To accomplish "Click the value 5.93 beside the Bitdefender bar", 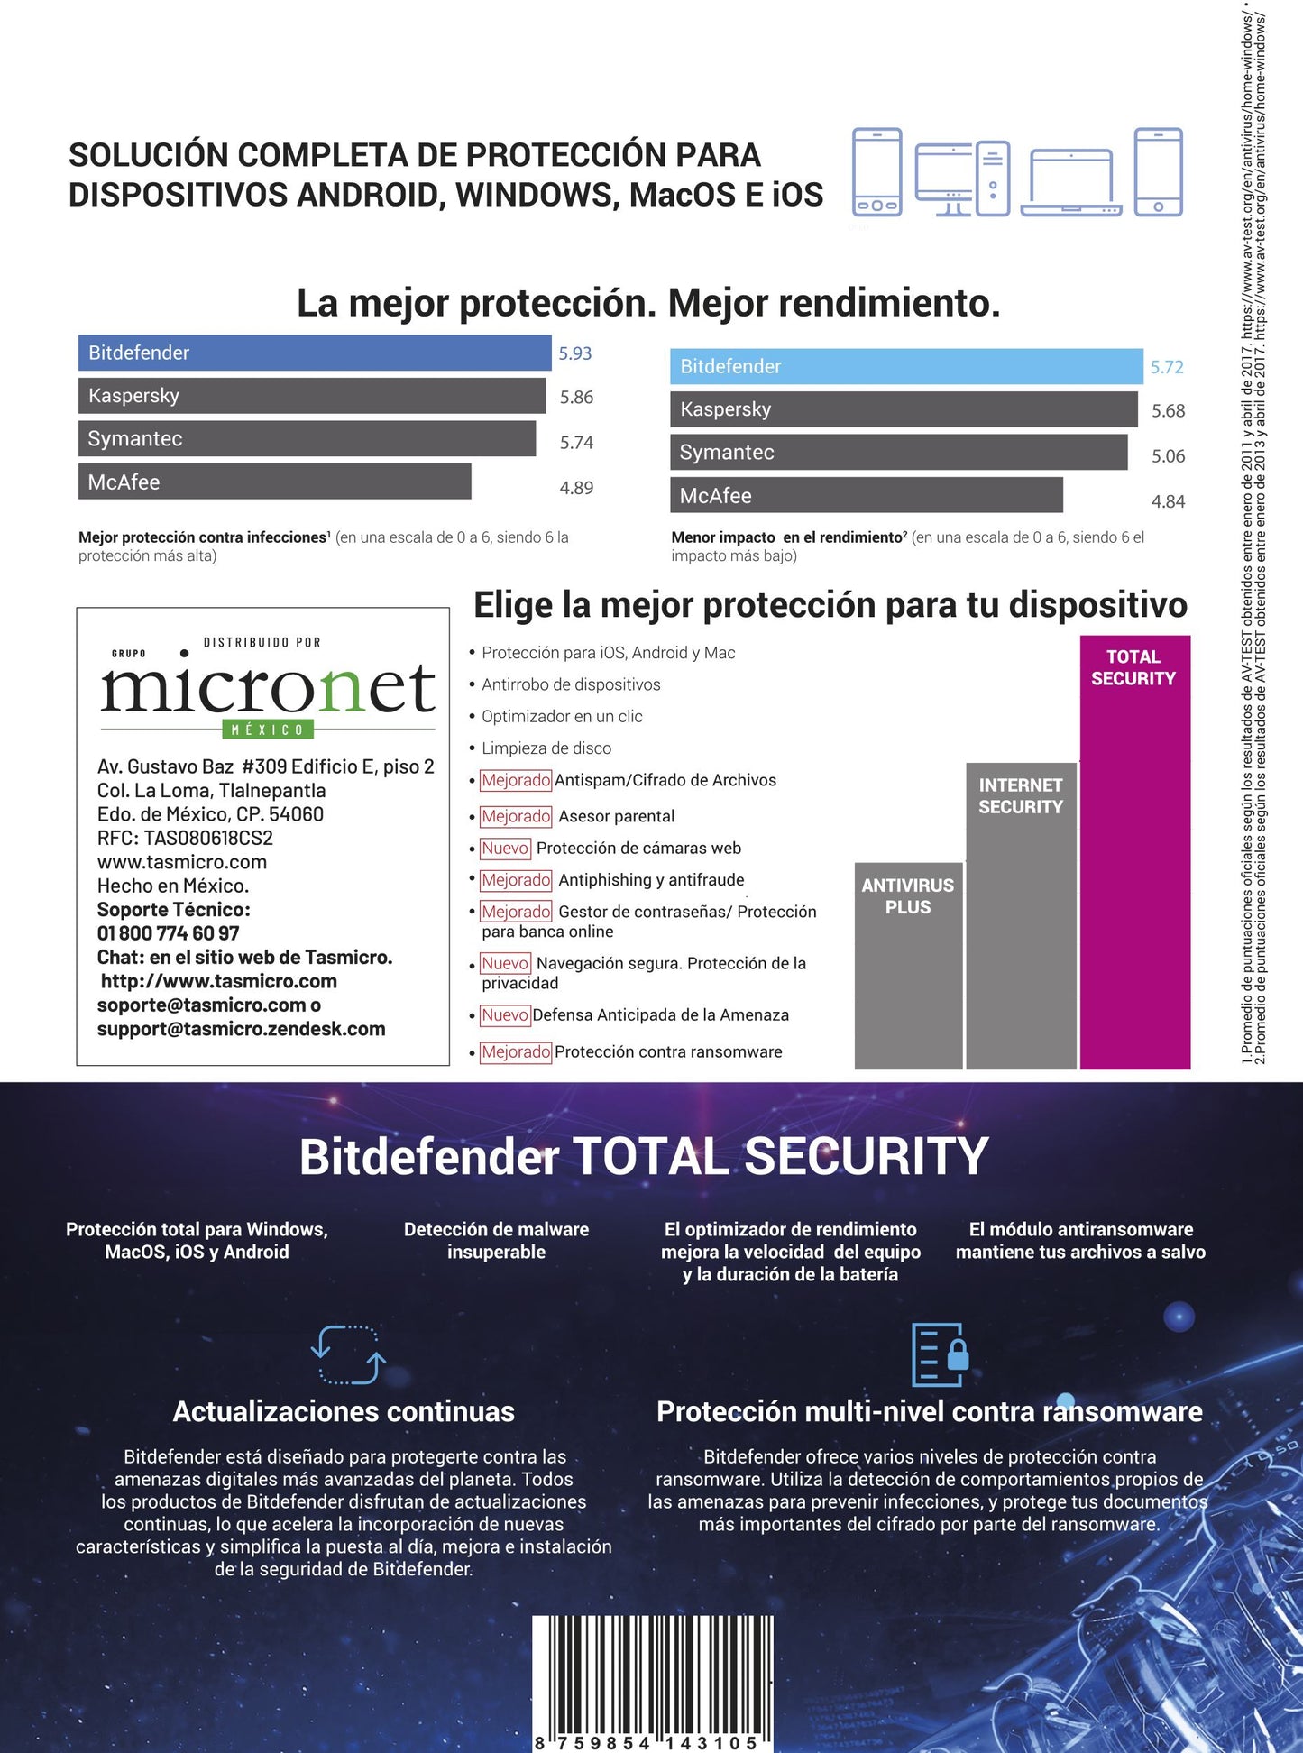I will point(574,353).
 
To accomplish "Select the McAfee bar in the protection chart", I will point(274,482).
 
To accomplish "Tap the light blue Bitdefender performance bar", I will point(905,366).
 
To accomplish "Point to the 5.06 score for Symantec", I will point(1168,456).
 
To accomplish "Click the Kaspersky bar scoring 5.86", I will point(312,396).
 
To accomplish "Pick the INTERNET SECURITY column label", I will point(1021,796).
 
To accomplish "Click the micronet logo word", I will point(268,690).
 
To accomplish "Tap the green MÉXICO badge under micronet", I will point(267,730).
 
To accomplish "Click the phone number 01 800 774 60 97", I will point(169,933).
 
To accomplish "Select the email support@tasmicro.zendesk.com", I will point(241,1029).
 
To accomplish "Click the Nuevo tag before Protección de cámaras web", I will point(505,849).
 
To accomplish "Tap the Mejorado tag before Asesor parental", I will point(516,816).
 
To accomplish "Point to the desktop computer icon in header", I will point(961,179).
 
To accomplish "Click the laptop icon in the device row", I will point(1070,183).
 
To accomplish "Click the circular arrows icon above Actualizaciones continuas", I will point(348,1354).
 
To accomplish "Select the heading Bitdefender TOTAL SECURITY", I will point(644,1157).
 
